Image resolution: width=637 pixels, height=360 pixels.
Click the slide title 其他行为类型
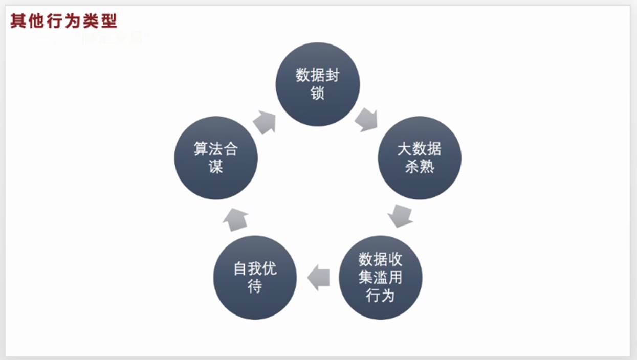pos(63,21)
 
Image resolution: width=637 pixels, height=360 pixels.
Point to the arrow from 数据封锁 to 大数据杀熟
pos(366,119)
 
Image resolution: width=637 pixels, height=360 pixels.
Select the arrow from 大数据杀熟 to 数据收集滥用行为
pos(400,215)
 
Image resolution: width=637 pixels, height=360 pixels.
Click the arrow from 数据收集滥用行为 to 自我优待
pos(318,278)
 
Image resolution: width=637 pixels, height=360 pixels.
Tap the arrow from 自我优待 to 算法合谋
pos(235,218)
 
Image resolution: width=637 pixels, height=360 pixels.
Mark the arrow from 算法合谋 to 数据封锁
pos(265,122)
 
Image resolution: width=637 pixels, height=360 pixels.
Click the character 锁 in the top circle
pos(318,93)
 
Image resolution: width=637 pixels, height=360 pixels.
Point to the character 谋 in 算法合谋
pos(215,167)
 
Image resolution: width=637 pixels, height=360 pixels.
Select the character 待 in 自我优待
pos(255,286)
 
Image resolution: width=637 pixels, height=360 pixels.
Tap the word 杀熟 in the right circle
pos(420,167)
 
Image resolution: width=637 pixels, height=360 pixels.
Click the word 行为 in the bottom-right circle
pos(380,296)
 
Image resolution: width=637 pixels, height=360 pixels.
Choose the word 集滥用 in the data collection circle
pos(380,278)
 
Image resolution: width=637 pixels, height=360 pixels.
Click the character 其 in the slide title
pos(18,21)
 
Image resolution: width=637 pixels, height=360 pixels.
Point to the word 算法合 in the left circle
pos(215,149)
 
